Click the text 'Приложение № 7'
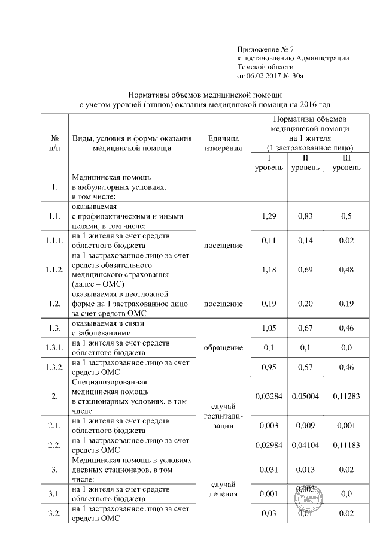point(266,49)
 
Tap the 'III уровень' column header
point(346,163)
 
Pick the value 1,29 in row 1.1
point(269,216)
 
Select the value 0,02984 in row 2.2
point(269,446)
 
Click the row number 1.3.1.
point(54,347)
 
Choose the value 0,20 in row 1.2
point(306,304)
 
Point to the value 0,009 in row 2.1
point(306,425)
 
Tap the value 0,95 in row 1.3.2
point(269,367)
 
